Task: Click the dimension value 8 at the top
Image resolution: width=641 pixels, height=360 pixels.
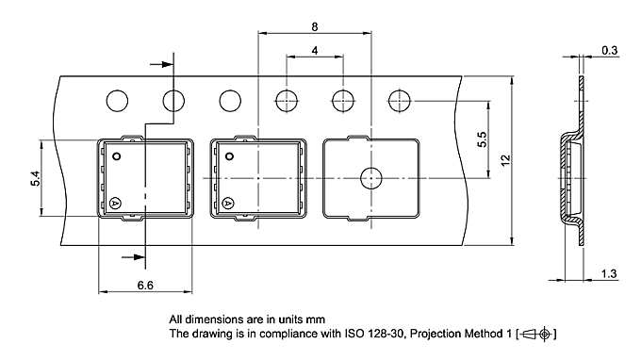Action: [x=314, y=27]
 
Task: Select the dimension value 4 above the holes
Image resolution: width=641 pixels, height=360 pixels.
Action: [x=314, y=51]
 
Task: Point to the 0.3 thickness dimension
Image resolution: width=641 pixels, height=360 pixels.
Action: [x=609, y=51]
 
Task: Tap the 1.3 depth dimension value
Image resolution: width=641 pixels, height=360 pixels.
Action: [x=609, y=274]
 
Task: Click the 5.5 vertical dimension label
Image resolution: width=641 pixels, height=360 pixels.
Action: [x=483, y=139]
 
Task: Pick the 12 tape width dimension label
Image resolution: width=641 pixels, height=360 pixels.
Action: [x=505, y=160]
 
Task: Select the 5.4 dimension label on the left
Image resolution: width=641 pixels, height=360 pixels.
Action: [x=36, y=178]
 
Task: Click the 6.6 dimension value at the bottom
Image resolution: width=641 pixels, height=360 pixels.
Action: [x=145, y=286]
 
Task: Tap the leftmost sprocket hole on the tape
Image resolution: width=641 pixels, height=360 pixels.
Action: [x=117, y=101]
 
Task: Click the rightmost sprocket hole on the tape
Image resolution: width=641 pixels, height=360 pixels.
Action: [x=400, y=101]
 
